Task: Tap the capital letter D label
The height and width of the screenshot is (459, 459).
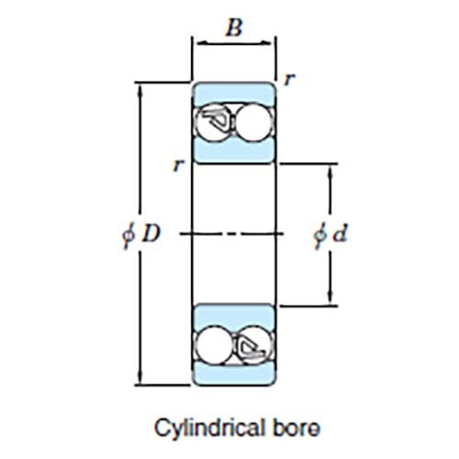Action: (x=151, y=234)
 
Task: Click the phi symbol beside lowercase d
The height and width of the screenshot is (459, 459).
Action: (x=319, y=235)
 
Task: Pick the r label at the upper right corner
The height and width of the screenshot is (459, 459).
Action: (x=289, y=80)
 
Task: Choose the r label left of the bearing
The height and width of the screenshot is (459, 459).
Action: (x=174, y=166)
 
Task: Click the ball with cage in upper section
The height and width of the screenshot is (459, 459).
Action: (x=217, y=121)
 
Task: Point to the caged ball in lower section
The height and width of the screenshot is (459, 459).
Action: (x=251, y=346)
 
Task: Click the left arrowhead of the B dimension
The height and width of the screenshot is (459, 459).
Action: (x=196, y=41)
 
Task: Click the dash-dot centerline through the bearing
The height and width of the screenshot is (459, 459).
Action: (x=233, y=235)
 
